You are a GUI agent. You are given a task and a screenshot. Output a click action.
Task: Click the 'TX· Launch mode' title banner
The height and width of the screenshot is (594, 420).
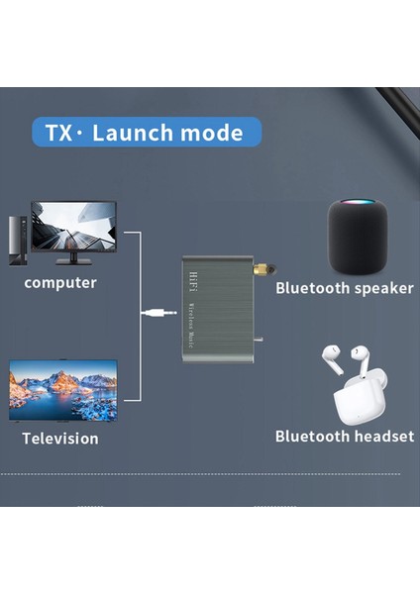[x=146, y=133]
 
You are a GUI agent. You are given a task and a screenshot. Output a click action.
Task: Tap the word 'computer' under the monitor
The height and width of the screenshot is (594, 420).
[x=61, y=283]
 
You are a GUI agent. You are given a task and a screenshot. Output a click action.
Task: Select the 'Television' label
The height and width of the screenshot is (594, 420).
[x=61, y=438]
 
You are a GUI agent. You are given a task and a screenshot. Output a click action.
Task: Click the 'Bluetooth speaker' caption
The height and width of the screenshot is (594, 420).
[x=344, y=288]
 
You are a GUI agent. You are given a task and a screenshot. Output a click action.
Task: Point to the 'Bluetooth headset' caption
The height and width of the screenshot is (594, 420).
[x=344, y=436]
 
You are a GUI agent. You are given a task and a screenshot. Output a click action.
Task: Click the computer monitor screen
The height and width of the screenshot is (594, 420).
[x=73, y=227]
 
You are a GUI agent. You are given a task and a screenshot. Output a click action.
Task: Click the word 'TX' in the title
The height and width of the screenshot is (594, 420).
[x=59, y=133]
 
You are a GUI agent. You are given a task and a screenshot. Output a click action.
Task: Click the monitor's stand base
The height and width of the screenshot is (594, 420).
[x=73, y=260]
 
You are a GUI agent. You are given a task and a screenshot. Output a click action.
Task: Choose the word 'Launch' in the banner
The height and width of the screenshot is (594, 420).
[x=129, y=133]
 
